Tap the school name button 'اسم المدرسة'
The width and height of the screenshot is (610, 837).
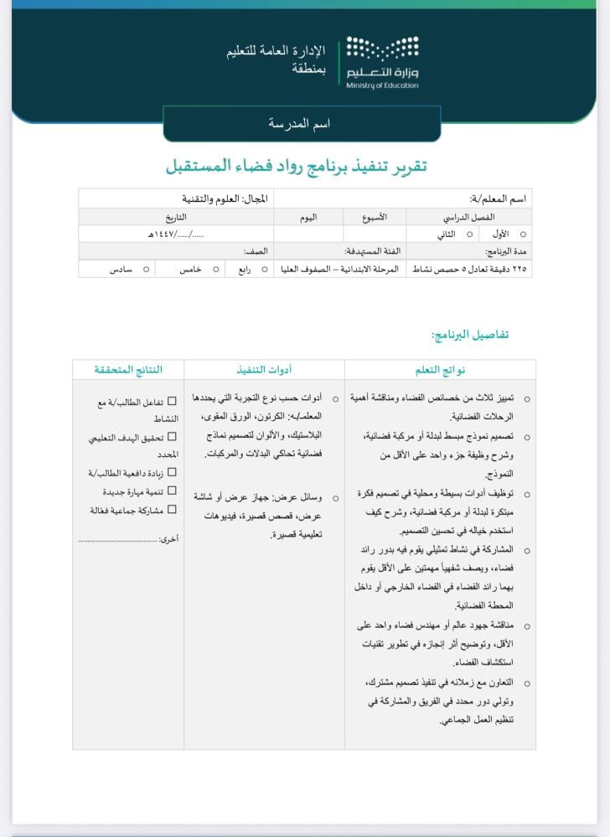point(300,123)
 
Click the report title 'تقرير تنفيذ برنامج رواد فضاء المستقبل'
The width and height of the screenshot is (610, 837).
point(296,166)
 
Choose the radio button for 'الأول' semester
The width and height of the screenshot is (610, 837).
point(524,235)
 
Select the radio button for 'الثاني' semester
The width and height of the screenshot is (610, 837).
point(469,235)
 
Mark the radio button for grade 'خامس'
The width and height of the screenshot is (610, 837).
point(216,270)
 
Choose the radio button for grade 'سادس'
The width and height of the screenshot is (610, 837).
point(146,270)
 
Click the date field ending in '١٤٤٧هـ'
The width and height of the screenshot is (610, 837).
point(176,235)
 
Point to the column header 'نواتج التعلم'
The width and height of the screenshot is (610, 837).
point(440,369)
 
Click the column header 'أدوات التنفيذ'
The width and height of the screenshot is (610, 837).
point(264,369)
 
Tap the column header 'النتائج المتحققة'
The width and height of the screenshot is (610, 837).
point(128,369)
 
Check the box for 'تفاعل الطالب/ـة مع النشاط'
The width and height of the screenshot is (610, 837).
point(172,402)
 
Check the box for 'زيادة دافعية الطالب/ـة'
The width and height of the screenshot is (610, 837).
point(172,473)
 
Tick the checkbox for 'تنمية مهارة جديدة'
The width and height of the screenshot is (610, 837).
point(172,491)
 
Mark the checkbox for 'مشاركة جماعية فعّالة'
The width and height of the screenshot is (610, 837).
point(172,509)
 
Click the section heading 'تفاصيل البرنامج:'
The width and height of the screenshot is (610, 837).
point(469,335)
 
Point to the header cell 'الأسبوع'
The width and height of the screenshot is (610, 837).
point(375,217)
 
